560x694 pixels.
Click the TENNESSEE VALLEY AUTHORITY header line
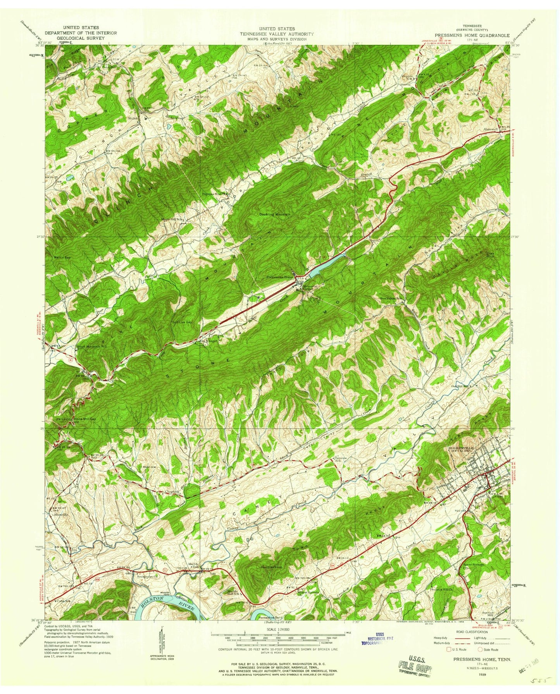point(277,34)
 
